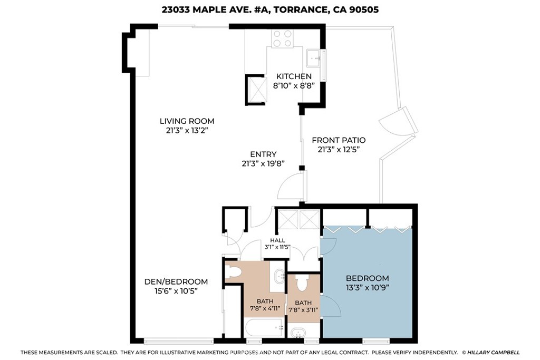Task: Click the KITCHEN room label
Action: coord(294,76)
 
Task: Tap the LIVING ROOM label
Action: coord(187,121)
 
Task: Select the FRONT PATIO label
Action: coord(339,140)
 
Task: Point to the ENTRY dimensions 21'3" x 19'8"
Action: coord(263,164)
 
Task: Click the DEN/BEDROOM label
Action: coord(176,281)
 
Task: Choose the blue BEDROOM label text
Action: coord(368,278)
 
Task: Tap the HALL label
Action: coord(277,240)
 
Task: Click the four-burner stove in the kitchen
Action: coord(282,38)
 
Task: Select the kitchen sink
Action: coord(314,58)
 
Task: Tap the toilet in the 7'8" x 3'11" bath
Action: coord(302,283)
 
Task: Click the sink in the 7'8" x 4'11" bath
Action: coord(278,276)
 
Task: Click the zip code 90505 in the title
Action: coord(364,9)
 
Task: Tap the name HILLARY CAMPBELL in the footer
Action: coord(494,353)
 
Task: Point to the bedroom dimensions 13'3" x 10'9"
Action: coord(368,288)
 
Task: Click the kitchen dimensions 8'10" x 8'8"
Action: coord(294,86)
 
